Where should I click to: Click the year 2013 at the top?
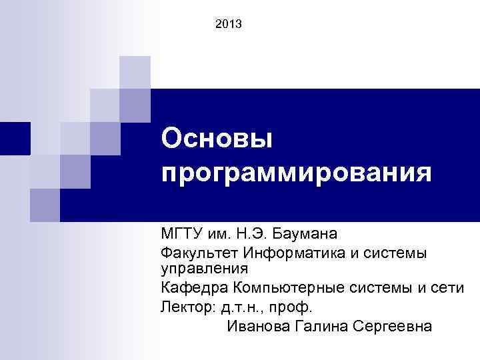click(x=229, y=25)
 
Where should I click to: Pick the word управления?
click(x=203, y=269)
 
